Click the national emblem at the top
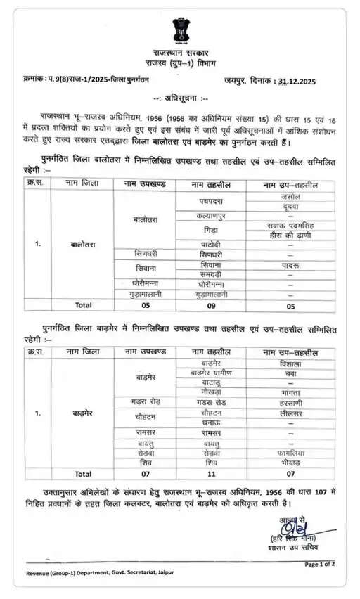coord(181,30)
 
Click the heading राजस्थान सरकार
coord(180,53)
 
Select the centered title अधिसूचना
coord(181,98)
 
